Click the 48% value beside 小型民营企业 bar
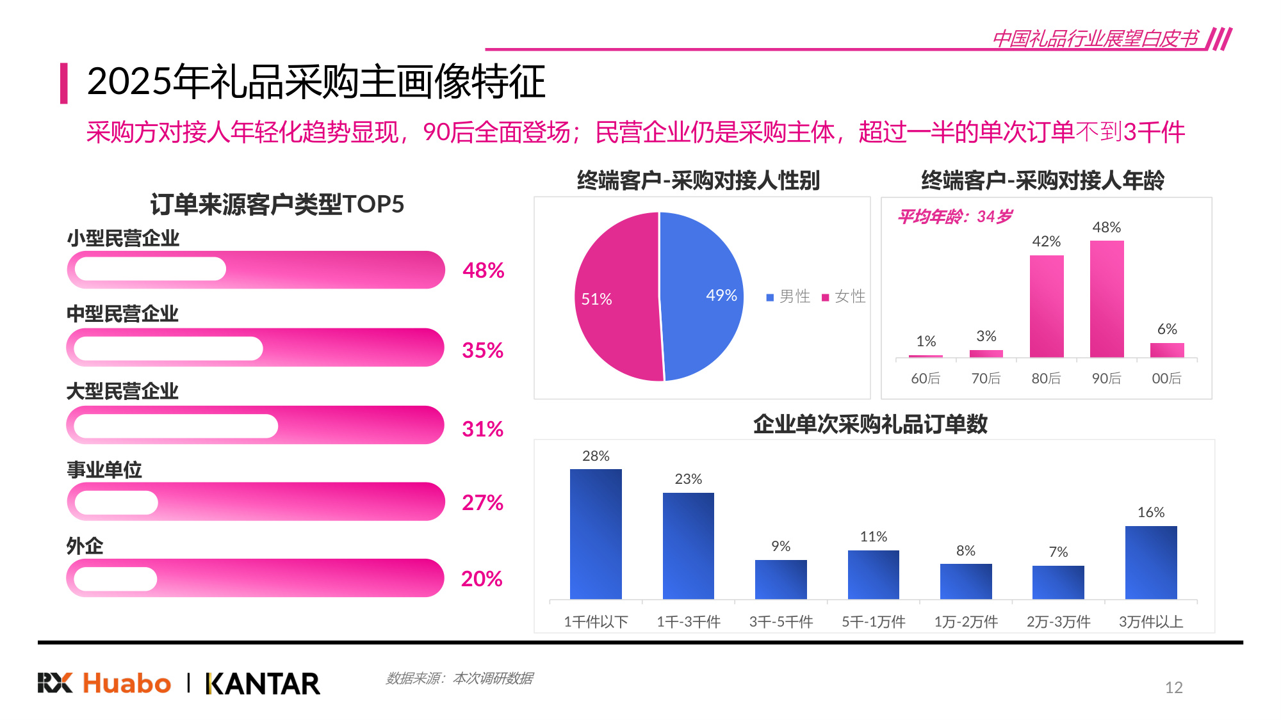pos(483,270)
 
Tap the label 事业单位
pos(104,470)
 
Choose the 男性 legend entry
pos(788,296)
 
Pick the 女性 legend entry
pos(844,296)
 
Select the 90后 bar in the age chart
pos(1106,299)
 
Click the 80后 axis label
pos(1045,378)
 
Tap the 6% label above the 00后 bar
pos(1166,329)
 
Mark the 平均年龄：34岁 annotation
pos(954,216)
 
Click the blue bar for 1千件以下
pos(596,534)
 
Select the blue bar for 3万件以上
pos(1150,563)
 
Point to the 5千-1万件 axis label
pos(873,621)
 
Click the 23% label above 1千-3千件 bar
pos(688,479)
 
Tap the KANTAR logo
pos(263,684)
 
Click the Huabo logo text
pos(127,684)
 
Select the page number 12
pos(1173,687)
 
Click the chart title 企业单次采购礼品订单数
pos(870,424)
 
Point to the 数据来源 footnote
pos(459,678)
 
